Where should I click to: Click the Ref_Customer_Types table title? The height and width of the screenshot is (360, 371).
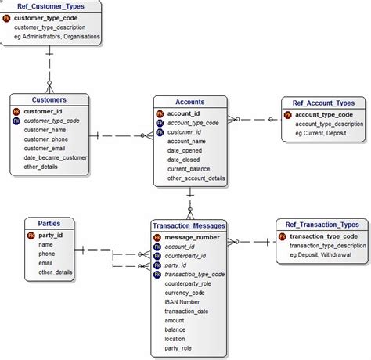52,6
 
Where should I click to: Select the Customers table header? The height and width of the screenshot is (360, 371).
49,100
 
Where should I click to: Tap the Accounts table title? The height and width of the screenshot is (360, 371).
190,102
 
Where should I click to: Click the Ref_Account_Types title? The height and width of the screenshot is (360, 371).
323,103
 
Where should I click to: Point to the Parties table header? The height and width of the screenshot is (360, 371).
49,223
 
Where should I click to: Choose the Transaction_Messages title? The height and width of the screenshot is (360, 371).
189,225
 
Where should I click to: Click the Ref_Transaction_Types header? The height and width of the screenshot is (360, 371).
322,225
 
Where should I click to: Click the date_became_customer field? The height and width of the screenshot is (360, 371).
55,157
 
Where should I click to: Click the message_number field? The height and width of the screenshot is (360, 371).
192,236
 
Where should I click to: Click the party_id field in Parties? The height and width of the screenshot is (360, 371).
50,235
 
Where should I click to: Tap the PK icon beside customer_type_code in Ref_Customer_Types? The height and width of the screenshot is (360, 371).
7,17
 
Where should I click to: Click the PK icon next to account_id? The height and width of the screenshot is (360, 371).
160,113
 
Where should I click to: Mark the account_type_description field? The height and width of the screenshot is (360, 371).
329,124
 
